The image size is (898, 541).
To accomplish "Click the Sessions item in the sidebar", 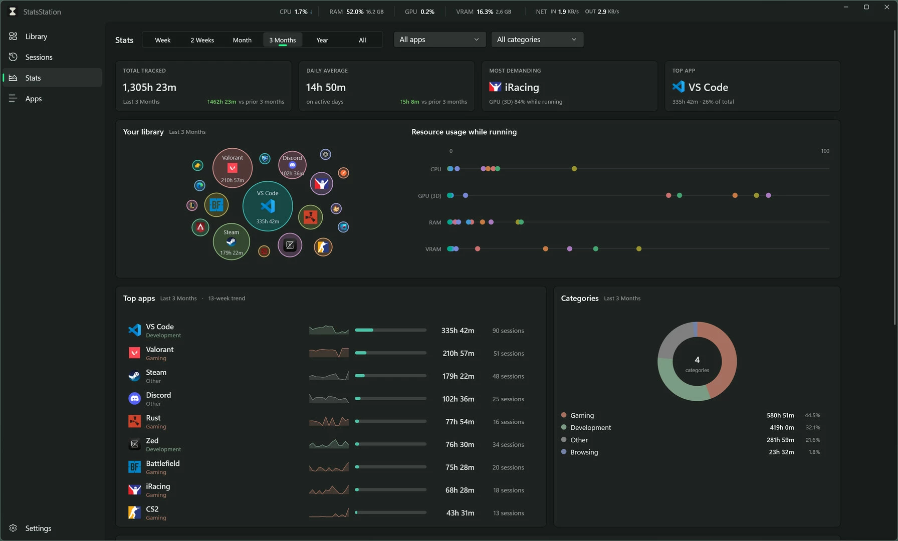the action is (39, 57).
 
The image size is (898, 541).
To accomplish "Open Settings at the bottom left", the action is (38, 528).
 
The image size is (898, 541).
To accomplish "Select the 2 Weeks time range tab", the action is (202, 40).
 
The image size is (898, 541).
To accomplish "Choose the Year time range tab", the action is (322, 40).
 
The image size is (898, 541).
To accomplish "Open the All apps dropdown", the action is (439, 40).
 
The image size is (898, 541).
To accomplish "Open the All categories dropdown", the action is (537, 40).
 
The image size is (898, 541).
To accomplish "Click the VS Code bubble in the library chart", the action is (268, 206).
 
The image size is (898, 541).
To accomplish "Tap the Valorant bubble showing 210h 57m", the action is (232, 168).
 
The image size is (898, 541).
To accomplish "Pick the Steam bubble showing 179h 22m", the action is (231, 242).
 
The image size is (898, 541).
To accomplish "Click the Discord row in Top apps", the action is (326, 399).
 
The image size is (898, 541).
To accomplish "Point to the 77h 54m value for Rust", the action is (460, 422).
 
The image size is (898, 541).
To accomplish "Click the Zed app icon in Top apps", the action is (134, 444).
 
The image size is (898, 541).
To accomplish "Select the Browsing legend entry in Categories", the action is (584, 452).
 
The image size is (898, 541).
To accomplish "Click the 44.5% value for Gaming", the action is (812, 415).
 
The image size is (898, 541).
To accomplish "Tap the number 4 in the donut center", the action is (697, 360).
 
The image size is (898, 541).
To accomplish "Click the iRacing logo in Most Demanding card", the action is (495, 87).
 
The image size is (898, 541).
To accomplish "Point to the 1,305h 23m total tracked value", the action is (149, 87).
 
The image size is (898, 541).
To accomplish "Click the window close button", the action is (887, 7).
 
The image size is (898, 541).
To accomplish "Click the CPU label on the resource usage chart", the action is (435, 169).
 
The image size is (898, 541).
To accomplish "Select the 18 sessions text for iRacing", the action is (508, 490).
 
